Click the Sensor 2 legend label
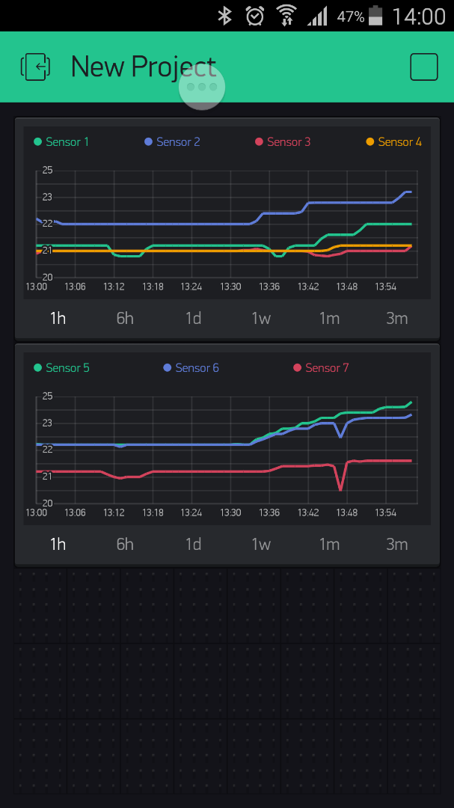coord(172,142)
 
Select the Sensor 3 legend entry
coord(283,142)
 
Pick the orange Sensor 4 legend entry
coord(393,142)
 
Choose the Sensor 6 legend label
coord(191,368)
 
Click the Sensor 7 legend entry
coord(321,368)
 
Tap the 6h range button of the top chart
coord(125,318)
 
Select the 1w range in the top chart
coord(261,318)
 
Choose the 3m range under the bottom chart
coord(397,544)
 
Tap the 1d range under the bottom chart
coord(193,544)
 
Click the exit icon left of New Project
coord(35,67)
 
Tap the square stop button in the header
coord(424,67)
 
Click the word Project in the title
coord(174,67)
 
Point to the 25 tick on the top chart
coord(47,171)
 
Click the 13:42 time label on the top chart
coord(308,287)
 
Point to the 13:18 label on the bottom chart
coord(153,512)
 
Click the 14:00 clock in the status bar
coord(419,16)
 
